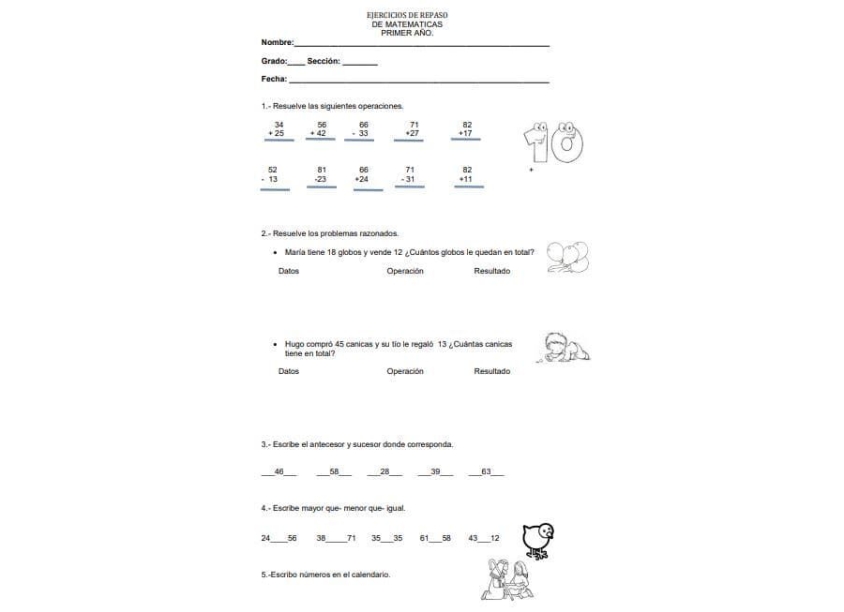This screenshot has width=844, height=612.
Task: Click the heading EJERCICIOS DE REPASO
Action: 406,16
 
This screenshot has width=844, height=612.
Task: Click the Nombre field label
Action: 277,43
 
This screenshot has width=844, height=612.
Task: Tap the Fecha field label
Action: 274,79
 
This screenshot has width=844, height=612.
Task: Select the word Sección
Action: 323,61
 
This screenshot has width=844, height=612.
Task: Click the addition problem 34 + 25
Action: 278,129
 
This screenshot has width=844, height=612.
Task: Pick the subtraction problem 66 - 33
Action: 362,129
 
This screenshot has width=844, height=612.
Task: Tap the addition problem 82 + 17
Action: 466,129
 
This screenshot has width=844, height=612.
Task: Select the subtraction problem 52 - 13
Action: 272,174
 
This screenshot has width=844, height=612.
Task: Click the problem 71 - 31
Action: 409,174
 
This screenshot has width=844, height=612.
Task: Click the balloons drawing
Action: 568,257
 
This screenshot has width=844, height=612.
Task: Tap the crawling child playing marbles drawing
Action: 567,349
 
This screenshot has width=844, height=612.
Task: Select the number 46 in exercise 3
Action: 279,471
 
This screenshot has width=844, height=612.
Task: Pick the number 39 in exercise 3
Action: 434,471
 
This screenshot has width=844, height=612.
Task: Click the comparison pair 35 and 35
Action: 386,538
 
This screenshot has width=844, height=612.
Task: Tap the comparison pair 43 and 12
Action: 484,538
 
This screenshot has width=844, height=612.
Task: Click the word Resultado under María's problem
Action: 492,271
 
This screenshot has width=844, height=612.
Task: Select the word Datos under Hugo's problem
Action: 289,371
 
